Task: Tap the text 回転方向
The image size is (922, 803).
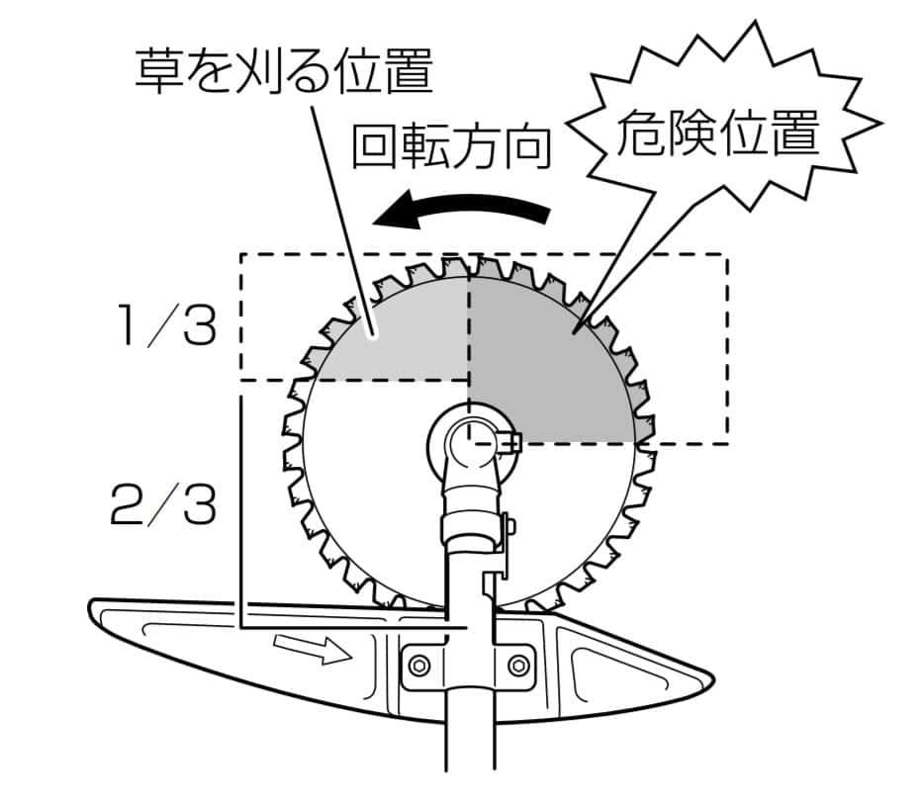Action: (451, 148)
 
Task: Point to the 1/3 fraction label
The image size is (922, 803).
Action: (164, 326)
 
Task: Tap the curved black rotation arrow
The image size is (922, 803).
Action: (465, 211)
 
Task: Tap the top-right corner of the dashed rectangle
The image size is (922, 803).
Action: (727, 256)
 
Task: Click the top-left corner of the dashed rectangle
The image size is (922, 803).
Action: (240, 256)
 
